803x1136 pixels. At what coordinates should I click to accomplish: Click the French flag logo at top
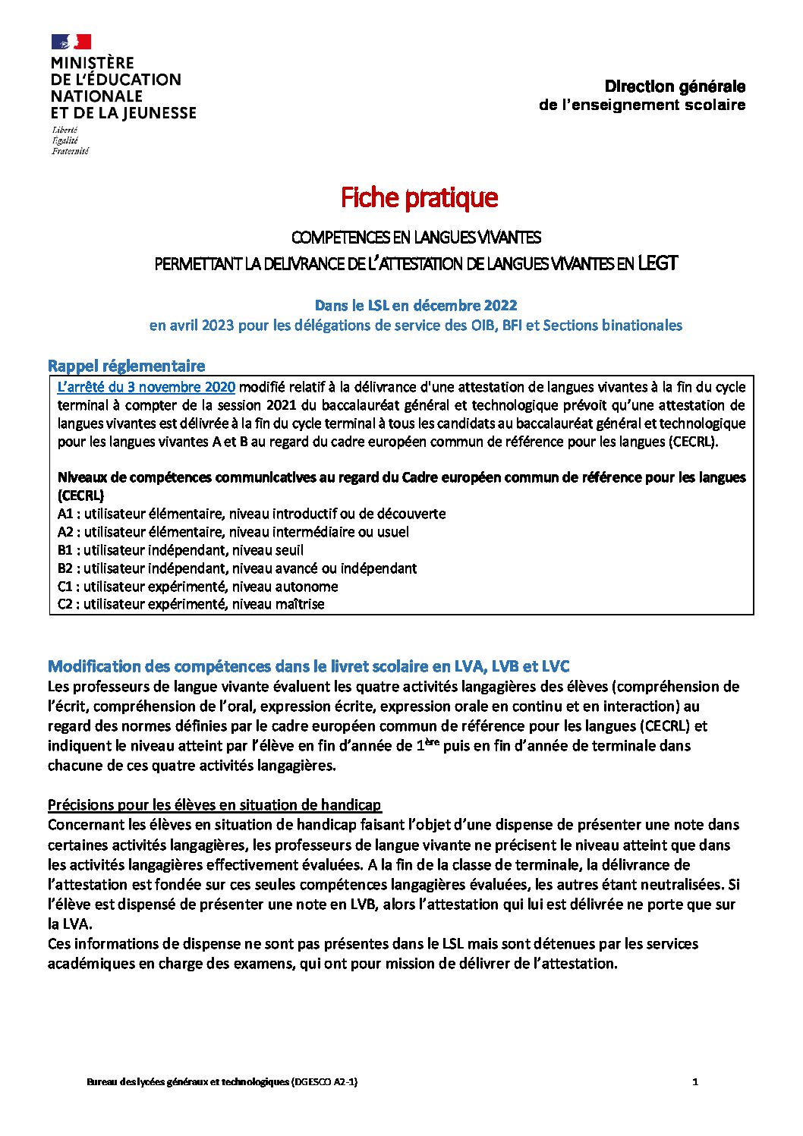tap(71, 42)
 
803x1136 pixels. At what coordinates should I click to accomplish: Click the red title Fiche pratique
tap(419, 197)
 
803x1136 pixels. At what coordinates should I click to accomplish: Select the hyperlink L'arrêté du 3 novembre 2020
tap(146, 387)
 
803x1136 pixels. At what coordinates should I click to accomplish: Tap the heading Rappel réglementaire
tap(126, 366)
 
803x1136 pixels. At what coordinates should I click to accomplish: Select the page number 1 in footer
tap(695, 1081)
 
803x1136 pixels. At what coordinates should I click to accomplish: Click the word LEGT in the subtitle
tap(657, 263)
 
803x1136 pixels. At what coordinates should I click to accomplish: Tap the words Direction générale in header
tap(675, 87)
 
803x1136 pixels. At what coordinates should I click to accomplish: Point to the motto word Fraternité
tap(70, 151)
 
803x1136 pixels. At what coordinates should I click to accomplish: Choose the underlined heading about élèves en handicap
tap(214, 804)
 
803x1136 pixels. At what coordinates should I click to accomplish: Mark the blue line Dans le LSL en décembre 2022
tap(416, 305)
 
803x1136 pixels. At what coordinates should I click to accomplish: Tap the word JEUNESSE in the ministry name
tap(157, 113)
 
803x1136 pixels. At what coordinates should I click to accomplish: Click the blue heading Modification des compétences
tap(308, 666)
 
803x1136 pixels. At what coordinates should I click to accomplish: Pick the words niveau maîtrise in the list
tap(278, 604)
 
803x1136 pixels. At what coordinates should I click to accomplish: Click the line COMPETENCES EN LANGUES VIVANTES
tap(416, 238)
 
